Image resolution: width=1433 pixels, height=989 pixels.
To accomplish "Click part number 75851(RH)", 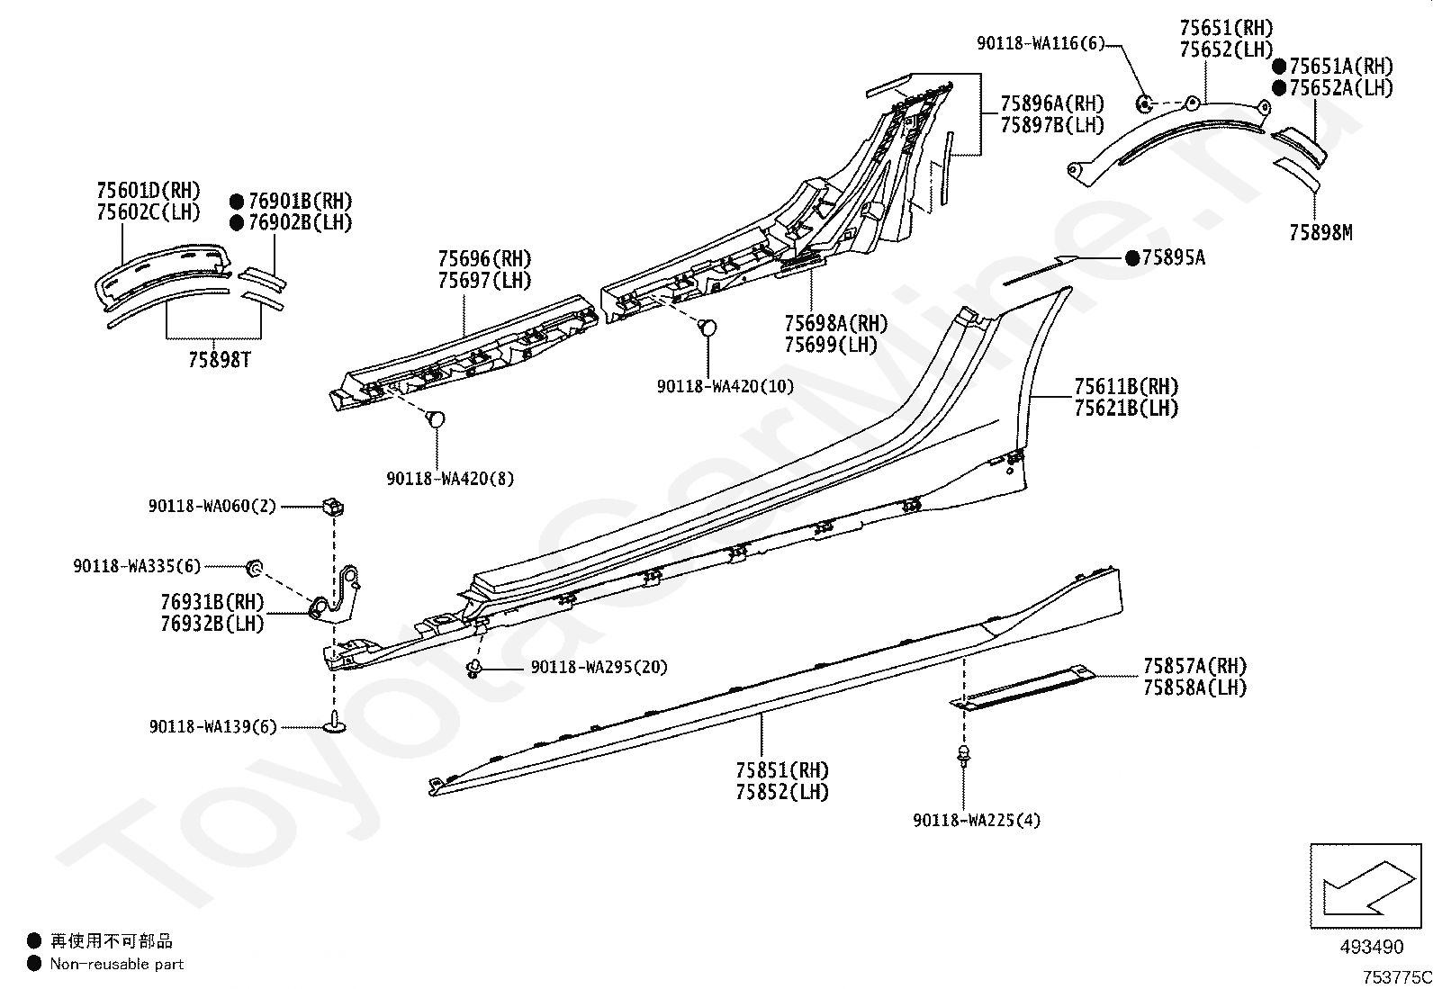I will [782, 770].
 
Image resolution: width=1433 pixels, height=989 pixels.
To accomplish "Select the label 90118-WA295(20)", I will [599, 667].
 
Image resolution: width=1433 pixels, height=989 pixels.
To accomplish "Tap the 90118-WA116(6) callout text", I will [1041, 42].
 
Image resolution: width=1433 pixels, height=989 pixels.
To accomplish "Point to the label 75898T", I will [220, 360].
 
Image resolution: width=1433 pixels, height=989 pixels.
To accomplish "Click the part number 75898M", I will [1320, 233].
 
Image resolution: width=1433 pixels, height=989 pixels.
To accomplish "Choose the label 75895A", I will [1173, 258].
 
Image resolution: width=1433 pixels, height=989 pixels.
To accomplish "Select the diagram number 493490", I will [1371, 947].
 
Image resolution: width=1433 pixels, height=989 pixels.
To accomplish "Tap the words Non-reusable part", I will [117, 964].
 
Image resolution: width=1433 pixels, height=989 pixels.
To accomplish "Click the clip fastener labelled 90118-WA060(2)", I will [332, 507].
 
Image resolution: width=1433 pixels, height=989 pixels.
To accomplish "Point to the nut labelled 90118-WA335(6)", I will [255, 566].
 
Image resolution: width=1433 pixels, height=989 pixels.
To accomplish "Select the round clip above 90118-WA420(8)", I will [437, 419].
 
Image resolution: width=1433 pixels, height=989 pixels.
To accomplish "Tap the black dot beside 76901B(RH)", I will [237, 202].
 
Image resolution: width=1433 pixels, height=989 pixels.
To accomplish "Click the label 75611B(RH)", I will [1126, 387].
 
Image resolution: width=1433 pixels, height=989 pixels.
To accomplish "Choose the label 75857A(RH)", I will [1194, 667].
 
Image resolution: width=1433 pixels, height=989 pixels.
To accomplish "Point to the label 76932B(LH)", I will [212, 623].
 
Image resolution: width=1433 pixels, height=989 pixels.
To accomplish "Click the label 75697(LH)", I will [484, 281].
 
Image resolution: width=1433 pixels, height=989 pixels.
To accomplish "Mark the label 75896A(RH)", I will [1052, 104].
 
